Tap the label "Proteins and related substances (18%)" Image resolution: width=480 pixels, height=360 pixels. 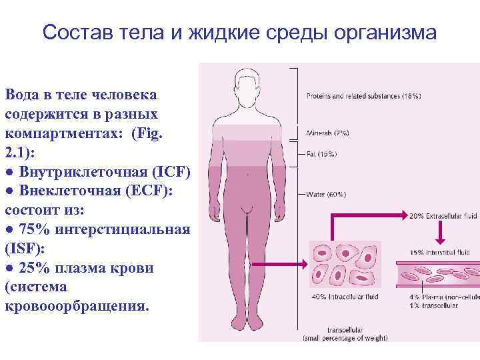point(363,96)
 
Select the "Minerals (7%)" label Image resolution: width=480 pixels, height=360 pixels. point(327,133)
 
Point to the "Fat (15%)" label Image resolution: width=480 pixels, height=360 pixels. point(321,155)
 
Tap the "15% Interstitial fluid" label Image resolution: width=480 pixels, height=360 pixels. point(441,253)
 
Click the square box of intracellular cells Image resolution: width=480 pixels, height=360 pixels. point(341,265)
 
